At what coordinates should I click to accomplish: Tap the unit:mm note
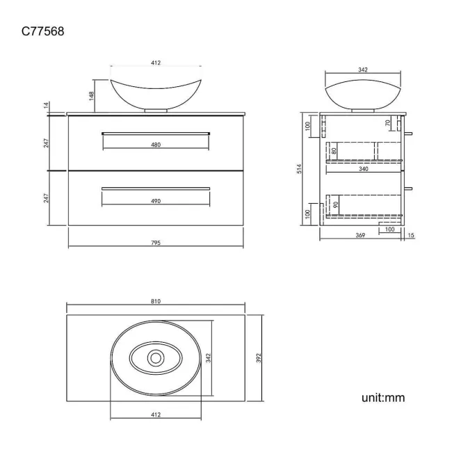pos(382,398)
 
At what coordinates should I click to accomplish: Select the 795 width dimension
pos(156,243)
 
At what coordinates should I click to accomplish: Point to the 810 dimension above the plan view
pos(156,301)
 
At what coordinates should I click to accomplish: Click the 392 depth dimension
pos(258,357)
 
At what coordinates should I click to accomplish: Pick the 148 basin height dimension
pos(91,95)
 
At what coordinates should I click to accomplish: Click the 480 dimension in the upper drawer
pos(156,145)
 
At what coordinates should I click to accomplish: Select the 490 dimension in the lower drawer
pos(156,201)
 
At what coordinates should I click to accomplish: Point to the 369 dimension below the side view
pos(360,236)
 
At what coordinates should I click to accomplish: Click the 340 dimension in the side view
pos(364,168)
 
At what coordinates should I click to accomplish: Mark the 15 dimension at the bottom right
pos(411,236)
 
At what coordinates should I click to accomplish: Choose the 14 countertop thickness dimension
pos(47,105)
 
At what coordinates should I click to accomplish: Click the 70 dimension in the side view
pos(388,124)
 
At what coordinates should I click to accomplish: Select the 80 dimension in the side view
pos(334,150)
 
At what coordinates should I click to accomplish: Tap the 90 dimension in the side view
pos(336,206)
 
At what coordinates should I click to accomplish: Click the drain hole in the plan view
pos(156,358)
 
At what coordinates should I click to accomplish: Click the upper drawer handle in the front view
pos(156,131)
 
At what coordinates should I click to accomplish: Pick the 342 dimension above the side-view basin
pos(363,70)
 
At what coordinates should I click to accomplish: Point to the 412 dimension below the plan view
pos(156,414)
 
